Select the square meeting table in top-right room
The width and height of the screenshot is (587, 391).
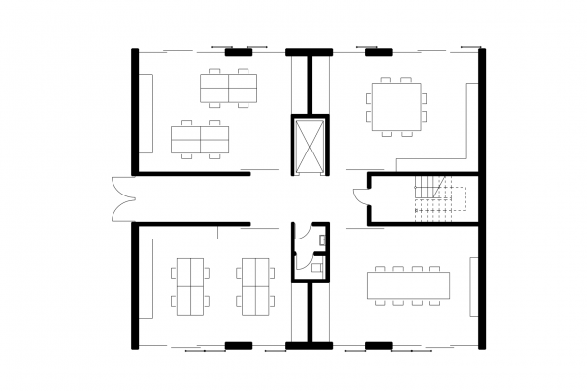point(397,104)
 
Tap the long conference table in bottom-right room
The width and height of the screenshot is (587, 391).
point(409,284)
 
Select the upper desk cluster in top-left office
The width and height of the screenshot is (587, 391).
point(227,89)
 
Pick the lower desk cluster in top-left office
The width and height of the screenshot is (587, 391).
point(199,139)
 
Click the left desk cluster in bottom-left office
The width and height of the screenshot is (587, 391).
point(189,284)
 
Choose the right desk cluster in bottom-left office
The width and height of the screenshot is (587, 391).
point(255,284)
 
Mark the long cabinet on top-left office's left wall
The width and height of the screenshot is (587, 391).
point(146,114)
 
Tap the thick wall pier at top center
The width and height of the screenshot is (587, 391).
point(310,51)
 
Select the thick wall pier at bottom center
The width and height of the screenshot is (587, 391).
point(310,344)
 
